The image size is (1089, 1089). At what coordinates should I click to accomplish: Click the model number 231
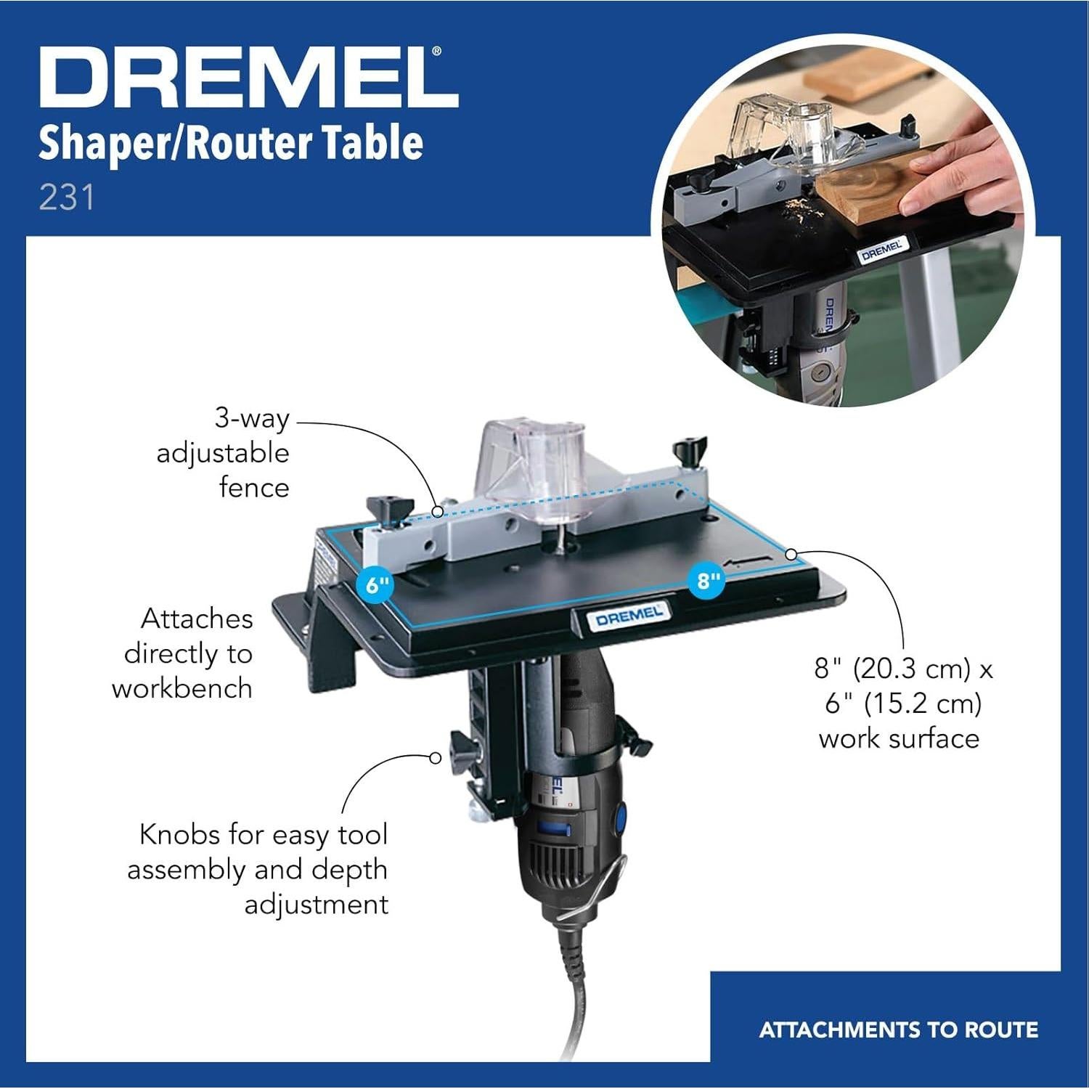click(67, 198)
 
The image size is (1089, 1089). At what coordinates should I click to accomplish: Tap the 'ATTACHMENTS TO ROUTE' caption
click(898, 1029)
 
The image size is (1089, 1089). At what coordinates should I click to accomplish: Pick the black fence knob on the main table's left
click(389, 507)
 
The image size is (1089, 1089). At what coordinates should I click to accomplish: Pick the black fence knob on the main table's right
click(690, 450)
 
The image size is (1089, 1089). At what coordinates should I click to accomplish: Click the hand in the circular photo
click(958, 181)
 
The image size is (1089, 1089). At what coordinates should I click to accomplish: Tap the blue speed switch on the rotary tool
click(554, 829)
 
